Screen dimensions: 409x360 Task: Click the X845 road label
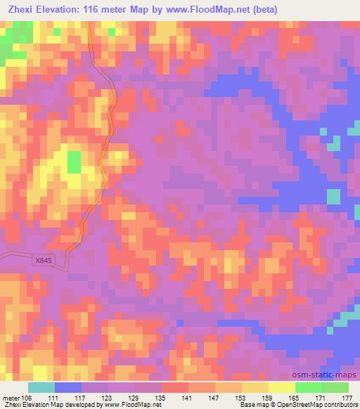44,259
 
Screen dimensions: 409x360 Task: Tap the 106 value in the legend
27,398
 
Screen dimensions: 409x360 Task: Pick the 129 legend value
134,398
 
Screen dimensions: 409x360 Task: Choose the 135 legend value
161,398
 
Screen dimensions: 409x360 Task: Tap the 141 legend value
188,398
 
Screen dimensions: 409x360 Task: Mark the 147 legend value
214,398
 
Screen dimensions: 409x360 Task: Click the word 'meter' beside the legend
11,398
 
